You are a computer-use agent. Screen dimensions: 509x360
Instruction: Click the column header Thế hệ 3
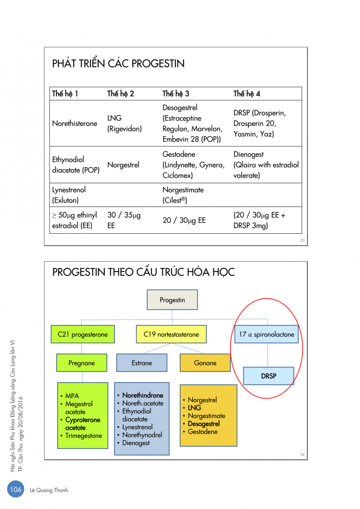pyautogui.click(x=176, y=94)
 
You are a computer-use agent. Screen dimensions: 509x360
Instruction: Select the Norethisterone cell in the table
pyautogui.click(x=75, y=123)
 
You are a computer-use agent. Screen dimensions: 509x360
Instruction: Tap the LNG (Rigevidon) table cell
pyautogui.click(x=124, y=123)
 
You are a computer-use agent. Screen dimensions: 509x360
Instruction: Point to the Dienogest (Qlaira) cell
pyautogui.click(x=266, y=165)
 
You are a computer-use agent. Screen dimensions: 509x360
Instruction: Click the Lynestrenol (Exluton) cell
pyautogui.click(x=69, y=195)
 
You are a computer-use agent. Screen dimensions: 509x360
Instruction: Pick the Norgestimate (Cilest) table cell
pyautogui.click(x=183, y=195)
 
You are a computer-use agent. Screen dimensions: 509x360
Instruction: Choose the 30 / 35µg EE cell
pyautogui.click(x=124, y=221)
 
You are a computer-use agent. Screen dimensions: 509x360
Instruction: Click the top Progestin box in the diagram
pyautogui.click(x=172, y=300)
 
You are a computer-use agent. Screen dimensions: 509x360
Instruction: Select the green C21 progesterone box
pyautogui.click(x=83, y=334)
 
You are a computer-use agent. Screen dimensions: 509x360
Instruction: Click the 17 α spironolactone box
pyautogui.click(x=266, y=334)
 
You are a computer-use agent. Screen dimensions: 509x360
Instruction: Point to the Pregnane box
pyautogui.click(x=82, y=363)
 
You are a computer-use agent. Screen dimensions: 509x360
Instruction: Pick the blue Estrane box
pyautogui.click(x=142, y=363)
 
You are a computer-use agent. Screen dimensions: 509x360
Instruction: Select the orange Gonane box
pyautogui.click(x=205, y=363)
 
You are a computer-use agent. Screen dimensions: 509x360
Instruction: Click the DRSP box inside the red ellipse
pyautogui.click(x=268, y=376)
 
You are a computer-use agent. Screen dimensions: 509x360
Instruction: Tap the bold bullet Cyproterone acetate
pyautogui.click(x=83, y=424)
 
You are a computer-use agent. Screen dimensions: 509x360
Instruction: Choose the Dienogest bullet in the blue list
pyautogui.click(x=136, y=443)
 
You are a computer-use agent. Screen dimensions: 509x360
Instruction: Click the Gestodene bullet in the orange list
pyautogui.click(x=202, y=432)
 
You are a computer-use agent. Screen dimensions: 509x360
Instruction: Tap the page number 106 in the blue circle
pyautogui.click(x=16, y=489)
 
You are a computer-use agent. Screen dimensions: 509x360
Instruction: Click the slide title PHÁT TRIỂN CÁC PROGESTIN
pyautogui.click(x=118, y=64)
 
